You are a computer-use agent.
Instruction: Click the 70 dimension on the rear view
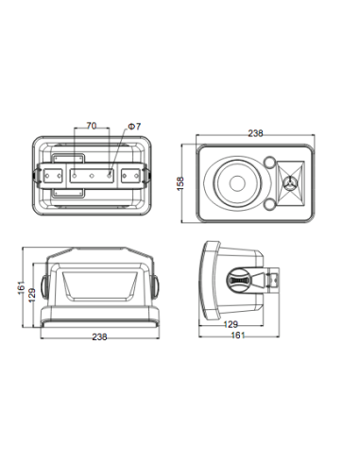point(91,126)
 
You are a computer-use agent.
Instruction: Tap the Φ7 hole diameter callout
point(134,127)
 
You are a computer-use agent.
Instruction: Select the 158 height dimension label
point(180,183)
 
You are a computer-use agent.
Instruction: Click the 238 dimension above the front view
point(255,133)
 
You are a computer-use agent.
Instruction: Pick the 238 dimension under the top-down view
point(99,336)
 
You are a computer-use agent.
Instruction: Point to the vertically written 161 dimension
point(21,287)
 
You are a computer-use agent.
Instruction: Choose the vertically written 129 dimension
point(32,295)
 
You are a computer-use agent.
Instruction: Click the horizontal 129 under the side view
point(231,324)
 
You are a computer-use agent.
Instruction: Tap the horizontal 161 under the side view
point(238,335)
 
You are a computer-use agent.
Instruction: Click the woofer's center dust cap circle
point(237,183)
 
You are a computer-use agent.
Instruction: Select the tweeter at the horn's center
point(289,183)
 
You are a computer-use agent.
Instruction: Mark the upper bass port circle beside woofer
point(270,162)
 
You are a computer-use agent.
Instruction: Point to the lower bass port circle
point(270,204)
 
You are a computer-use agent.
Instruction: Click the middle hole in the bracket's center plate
point(92,176)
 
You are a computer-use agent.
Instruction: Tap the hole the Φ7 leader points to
point(110,176)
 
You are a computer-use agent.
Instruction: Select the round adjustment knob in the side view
point(239,280)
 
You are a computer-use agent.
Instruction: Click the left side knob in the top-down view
point(43,286)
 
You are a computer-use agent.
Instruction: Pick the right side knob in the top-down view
point(156,286)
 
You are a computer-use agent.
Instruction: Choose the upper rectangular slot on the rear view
point(68,158)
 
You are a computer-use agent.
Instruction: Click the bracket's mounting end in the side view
point(273,280)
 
